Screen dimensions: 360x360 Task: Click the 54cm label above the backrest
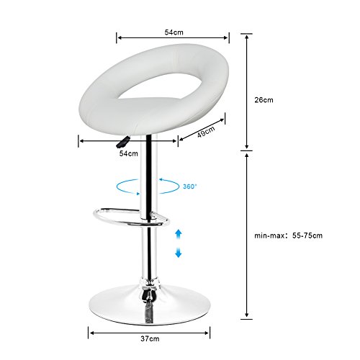coord(174,32)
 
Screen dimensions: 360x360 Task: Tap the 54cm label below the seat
coord(129,153)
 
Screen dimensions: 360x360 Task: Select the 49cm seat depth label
coord(206,132)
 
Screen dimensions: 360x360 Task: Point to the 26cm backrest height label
coord(264,100)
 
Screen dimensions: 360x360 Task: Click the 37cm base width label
coord(150,338)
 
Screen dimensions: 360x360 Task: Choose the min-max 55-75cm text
coord(288,235)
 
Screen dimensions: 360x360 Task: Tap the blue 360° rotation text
coord(189,186)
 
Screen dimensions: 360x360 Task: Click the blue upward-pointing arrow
coord(178,234)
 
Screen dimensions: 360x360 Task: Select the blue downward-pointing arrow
coord(178,253)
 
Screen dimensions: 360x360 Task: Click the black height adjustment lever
coord(123,142)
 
